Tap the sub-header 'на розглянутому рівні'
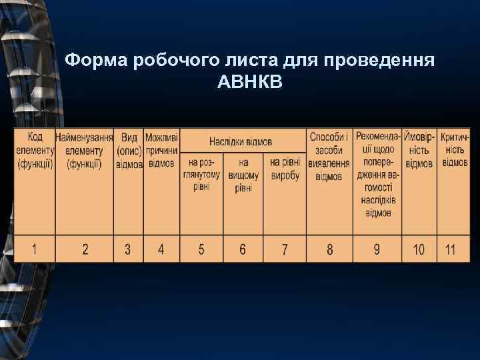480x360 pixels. click(x=201, y=174)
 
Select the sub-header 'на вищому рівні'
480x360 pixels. click(x=243, y=175)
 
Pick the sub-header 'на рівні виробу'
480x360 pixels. click(x=285, y=169)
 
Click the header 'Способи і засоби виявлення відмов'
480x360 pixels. click(x=329, y=156)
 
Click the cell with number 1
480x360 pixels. click(x=34, y=249)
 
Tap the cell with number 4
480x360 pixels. click(x=161, y=249)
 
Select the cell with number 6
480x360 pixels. click(x=243, y=249)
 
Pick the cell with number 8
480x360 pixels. click(x=329, y=249)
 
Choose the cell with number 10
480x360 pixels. click(x=419, y=249)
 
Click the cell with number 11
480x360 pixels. click(x=451, y=249)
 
